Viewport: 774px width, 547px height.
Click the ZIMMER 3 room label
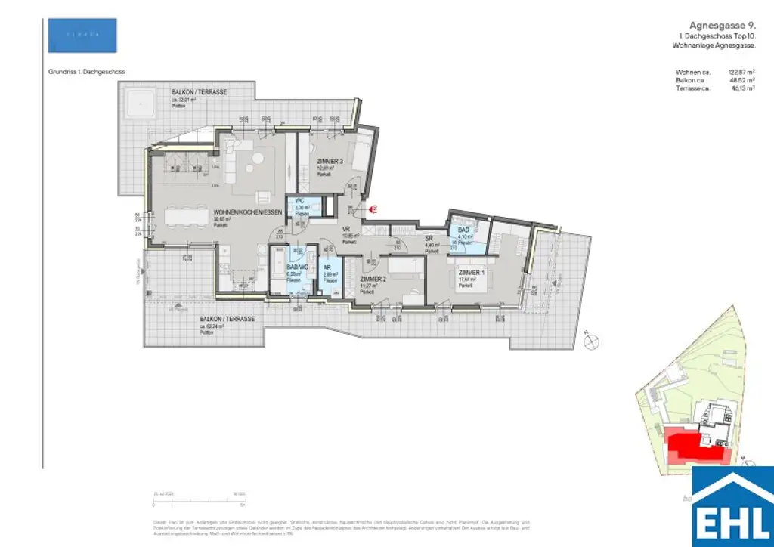(330, 162)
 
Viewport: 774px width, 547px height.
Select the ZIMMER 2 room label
(373, 279)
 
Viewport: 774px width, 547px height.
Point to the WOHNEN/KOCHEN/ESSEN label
(248, 213)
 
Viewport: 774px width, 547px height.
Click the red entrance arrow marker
(373, 214)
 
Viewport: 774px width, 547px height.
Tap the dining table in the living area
(181, 217)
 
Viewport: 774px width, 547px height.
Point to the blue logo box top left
(82, 35)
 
